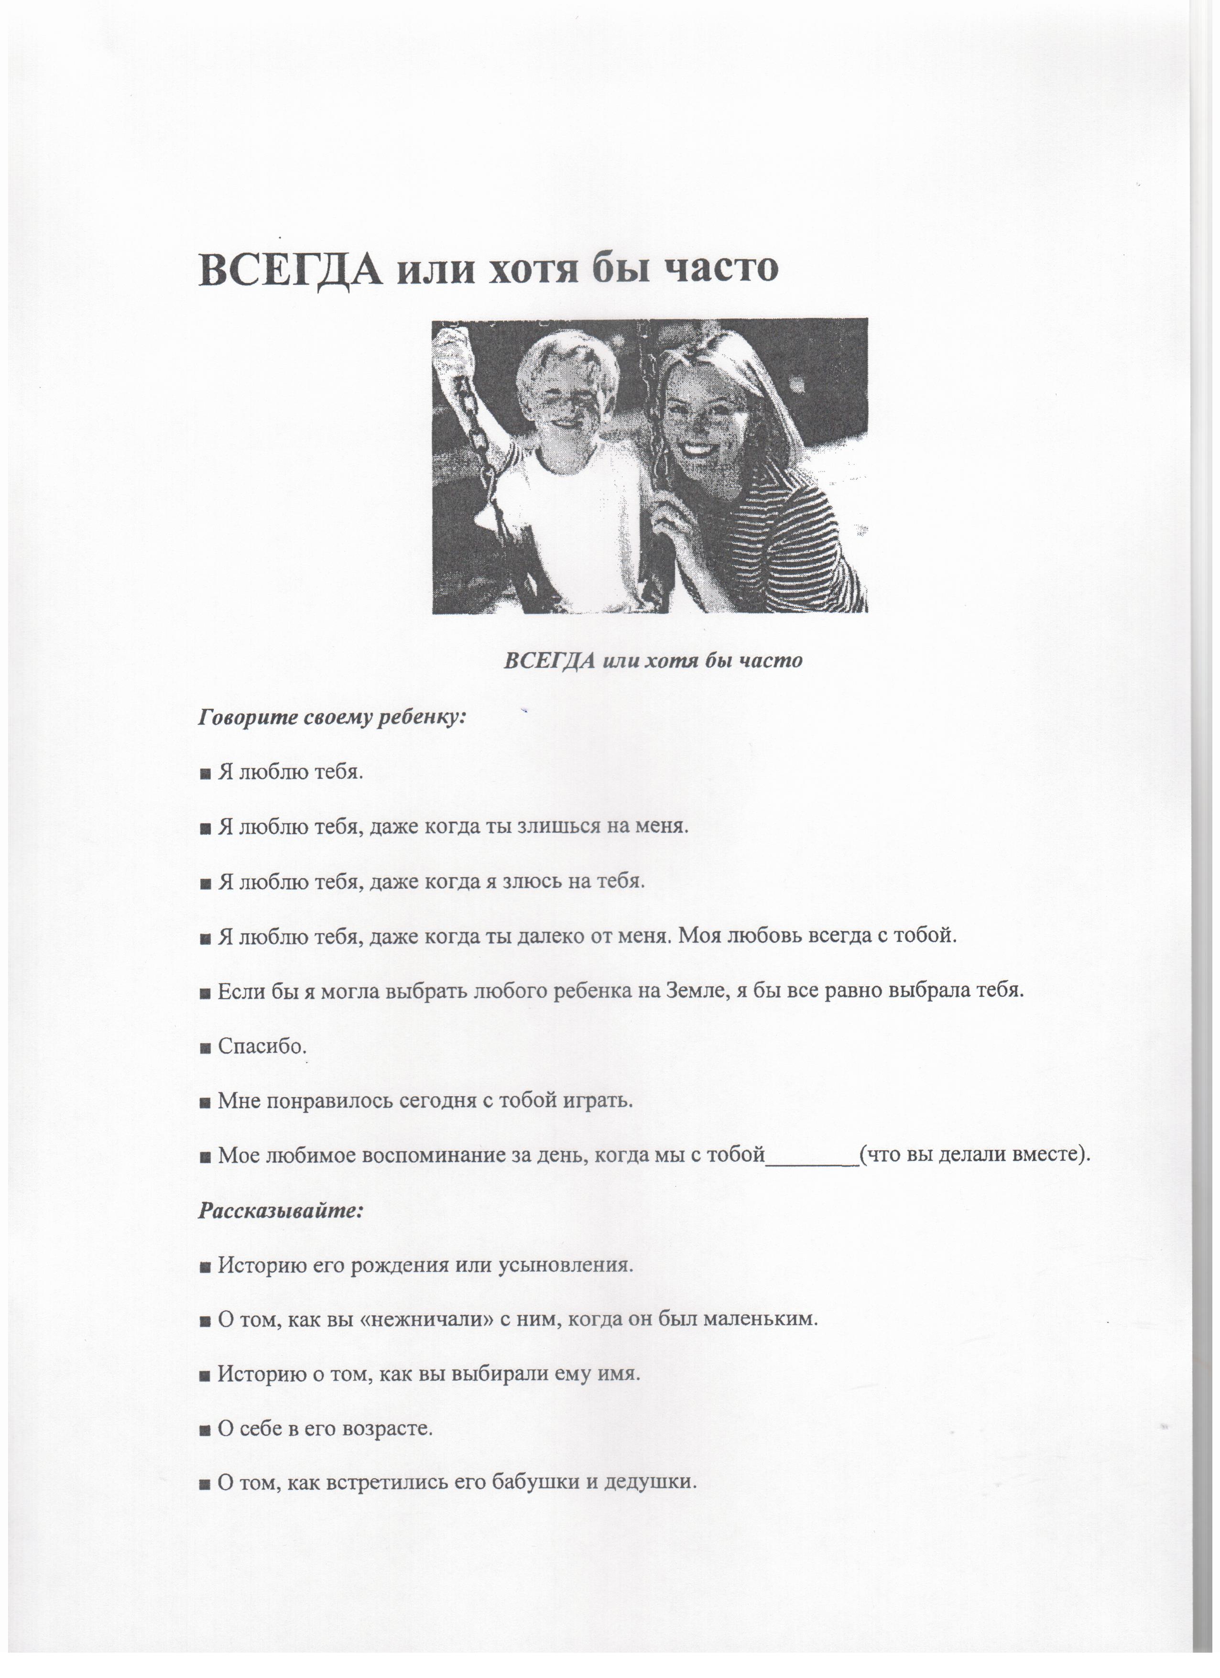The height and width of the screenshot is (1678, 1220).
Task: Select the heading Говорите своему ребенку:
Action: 332,717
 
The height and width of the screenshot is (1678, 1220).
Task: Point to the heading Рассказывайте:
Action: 281,1211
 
